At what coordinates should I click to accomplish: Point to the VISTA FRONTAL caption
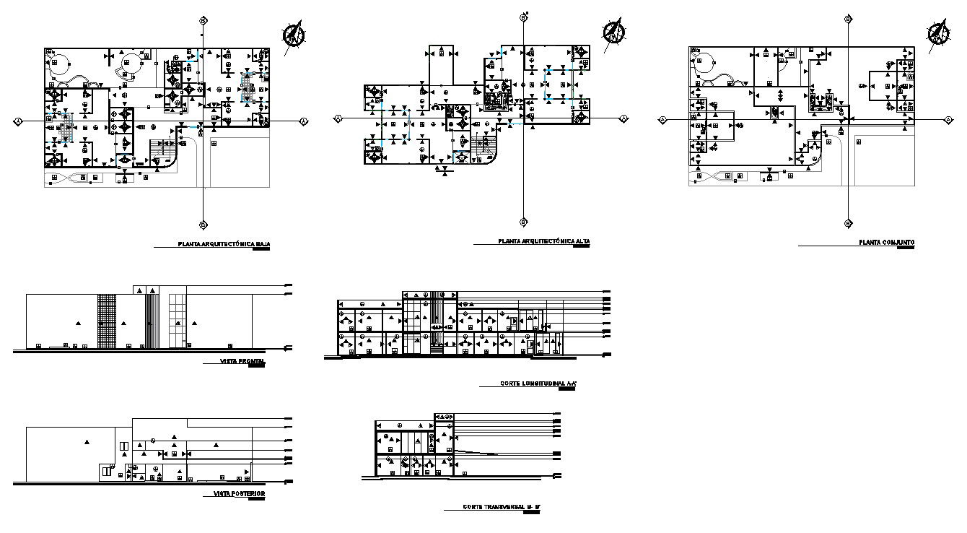click(244, 361)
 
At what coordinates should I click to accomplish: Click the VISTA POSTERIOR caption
click(240, 494)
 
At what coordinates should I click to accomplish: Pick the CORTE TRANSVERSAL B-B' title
click(501, 508)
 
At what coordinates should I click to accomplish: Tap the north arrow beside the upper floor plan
click(615, 31)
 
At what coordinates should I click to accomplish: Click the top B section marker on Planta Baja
click(204, 21)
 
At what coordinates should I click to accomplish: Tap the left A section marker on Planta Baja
click(16, 122)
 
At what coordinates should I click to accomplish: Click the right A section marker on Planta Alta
click(623, 118)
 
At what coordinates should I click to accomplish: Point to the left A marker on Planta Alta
click(336, 118)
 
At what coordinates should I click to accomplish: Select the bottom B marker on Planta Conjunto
click(847, 223)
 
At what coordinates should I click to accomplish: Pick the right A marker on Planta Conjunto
click(948, 120)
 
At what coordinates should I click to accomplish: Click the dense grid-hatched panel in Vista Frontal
click(106, 321)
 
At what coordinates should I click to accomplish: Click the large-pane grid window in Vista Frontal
click(178, 321)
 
